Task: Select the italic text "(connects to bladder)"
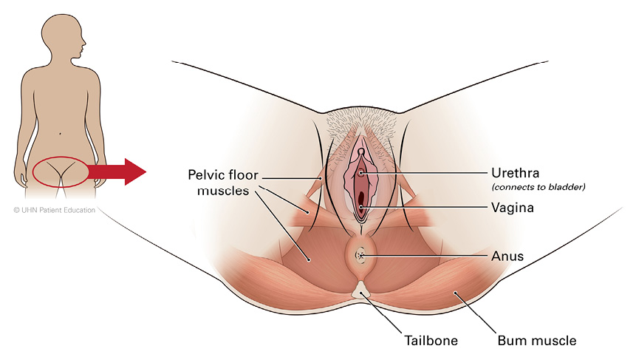pos(538,187)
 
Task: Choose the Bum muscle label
pos(536,341)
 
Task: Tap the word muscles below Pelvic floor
pos(222,192)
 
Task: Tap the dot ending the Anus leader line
pos(361,256)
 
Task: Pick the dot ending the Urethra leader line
pos(361,173)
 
